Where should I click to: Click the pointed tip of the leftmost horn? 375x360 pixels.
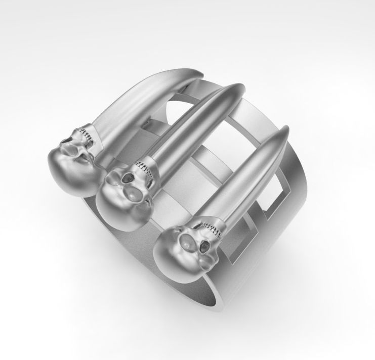[201, 75]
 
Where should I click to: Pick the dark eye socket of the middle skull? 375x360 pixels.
[127, 177]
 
